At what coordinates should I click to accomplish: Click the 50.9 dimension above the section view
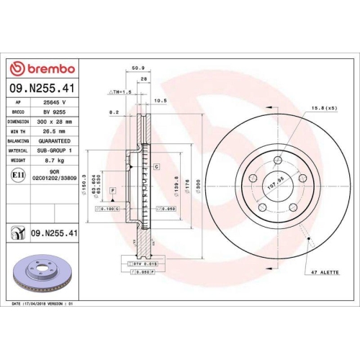[135, 69]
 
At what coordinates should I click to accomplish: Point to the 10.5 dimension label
[160, 102]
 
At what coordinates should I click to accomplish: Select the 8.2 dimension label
[114, 112]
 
